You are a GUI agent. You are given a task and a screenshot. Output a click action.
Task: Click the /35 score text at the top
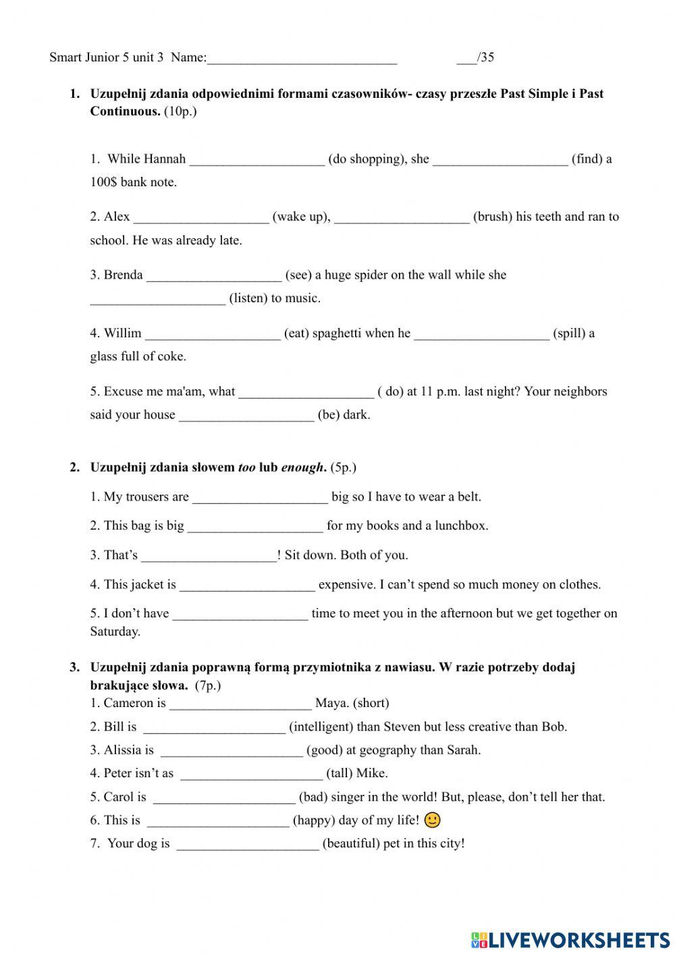(485, 57)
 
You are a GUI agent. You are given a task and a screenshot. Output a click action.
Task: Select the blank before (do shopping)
(257, 161)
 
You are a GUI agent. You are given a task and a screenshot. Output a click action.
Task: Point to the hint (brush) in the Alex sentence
(493, 217)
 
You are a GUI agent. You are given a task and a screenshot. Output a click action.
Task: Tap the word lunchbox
(461, 526)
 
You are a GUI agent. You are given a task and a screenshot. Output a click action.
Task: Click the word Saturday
(115, 632)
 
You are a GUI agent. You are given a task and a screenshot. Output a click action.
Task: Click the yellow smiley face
(433, 820)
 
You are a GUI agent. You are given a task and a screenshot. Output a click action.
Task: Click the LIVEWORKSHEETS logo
(570, 939)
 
